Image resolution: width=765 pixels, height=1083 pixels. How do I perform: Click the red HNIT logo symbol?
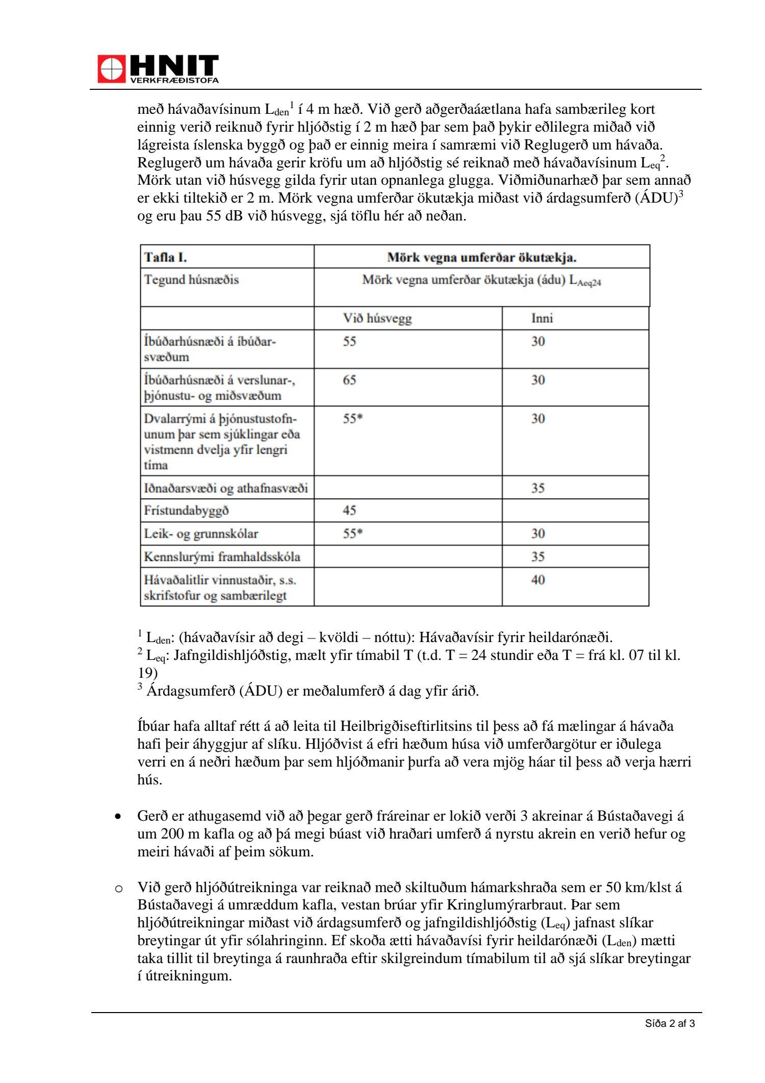pos(111,69)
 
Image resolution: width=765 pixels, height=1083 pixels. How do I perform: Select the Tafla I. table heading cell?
pos(166,257)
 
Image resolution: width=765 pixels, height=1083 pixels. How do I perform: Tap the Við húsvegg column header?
pos(377,318)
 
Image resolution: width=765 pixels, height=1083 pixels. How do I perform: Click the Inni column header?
pos(542,318)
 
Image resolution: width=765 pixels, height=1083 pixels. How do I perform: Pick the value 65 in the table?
pos(349,380)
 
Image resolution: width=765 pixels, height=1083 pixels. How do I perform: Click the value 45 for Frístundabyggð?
pos(349,510)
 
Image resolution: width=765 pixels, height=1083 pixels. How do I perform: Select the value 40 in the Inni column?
pos(538,580)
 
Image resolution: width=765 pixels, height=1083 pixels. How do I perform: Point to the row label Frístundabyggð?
pos(186,510)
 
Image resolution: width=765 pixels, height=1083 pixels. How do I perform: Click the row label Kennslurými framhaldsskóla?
pos(222,557)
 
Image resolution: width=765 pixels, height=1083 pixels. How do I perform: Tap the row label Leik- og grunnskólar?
pos(201,534)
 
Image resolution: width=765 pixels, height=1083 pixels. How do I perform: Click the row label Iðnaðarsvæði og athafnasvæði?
pos(225,488)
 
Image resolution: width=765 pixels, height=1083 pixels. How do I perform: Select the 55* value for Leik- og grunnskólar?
pos(352,534)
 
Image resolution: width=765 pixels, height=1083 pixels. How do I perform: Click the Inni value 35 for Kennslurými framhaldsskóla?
pos(538,557)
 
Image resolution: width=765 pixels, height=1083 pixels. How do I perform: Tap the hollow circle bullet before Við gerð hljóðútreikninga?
pos(119,889)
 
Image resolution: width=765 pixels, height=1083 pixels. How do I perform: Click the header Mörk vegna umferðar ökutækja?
pos(481,257)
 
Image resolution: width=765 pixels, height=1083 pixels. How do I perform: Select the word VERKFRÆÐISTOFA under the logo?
pos(174,80)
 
